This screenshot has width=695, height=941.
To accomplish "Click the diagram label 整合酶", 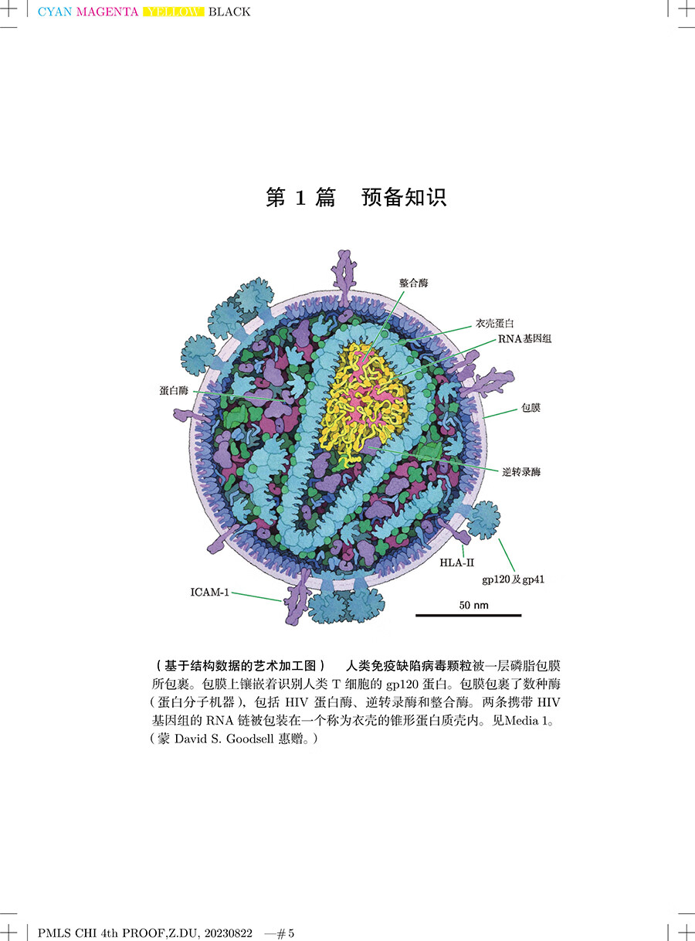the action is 413,283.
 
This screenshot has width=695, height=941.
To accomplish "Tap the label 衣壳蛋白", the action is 494,323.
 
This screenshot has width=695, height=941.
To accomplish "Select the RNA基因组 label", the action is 524,338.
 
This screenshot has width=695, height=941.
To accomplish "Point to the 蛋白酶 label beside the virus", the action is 174,390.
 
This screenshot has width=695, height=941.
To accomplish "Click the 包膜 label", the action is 531,408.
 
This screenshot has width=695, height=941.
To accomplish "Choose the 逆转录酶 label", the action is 521,472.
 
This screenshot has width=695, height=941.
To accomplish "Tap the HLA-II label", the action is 456,562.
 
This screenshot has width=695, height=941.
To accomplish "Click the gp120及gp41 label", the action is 513,579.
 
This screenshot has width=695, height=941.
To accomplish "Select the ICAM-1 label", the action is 209,592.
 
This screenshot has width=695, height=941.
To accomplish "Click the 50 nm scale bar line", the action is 468,615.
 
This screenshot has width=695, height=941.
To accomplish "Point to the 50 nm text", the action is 473,605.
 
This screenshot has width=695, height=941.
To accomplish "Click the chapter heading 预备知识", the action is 404,197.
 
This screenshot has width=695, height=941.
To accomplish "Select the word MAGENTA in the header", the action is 107,12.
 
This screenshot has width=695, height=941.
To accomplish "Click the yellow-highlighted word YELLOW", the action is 174,12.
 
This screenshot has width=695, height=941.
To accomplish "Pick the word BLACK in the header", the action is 229,12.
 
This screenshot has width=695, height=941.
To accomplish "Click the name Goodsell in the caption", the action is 250,739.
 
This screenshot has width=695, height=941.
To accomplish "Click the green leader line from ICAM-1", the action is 256,596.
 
